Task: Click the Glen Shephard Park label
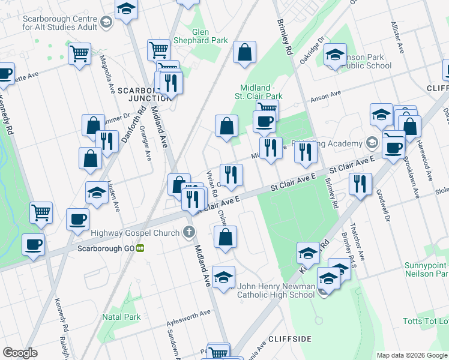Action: click(x=209, y=36)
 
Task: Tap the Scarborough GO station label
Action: click(x=106, y=248)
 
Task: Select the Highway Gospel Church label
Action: click(x=135, y=233)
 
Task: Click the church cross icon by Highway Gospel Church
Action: click(x=189, y=232)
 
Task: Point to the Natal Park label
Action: click(x=121, y=317)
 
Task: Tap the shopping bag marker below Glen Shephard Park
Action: click(x=244, y=53)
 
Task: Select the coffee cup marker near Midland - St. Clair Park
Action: click(x=264, y=122)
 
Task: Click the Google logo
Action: click(x=20, y=353)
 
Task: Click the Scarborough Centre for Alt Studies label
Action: click(x=60, y=23)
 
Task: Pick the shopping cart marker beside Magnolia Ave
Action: click(x=79, y=55)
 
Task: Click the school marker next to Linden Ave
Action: click(x=97, y=193)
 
